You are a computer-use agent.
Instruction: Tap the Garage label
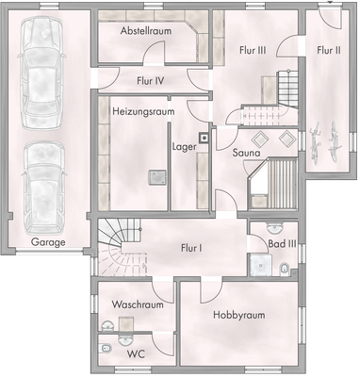coord(48,242)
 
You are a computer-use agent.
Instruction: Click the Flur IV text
coord(151,81)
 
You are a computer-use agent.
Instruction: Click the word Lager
coord(184,147)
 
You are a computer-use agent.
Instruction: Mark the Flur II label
coord(329,50)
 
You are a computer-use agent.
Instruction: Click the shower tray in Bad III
coord(258,267)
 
